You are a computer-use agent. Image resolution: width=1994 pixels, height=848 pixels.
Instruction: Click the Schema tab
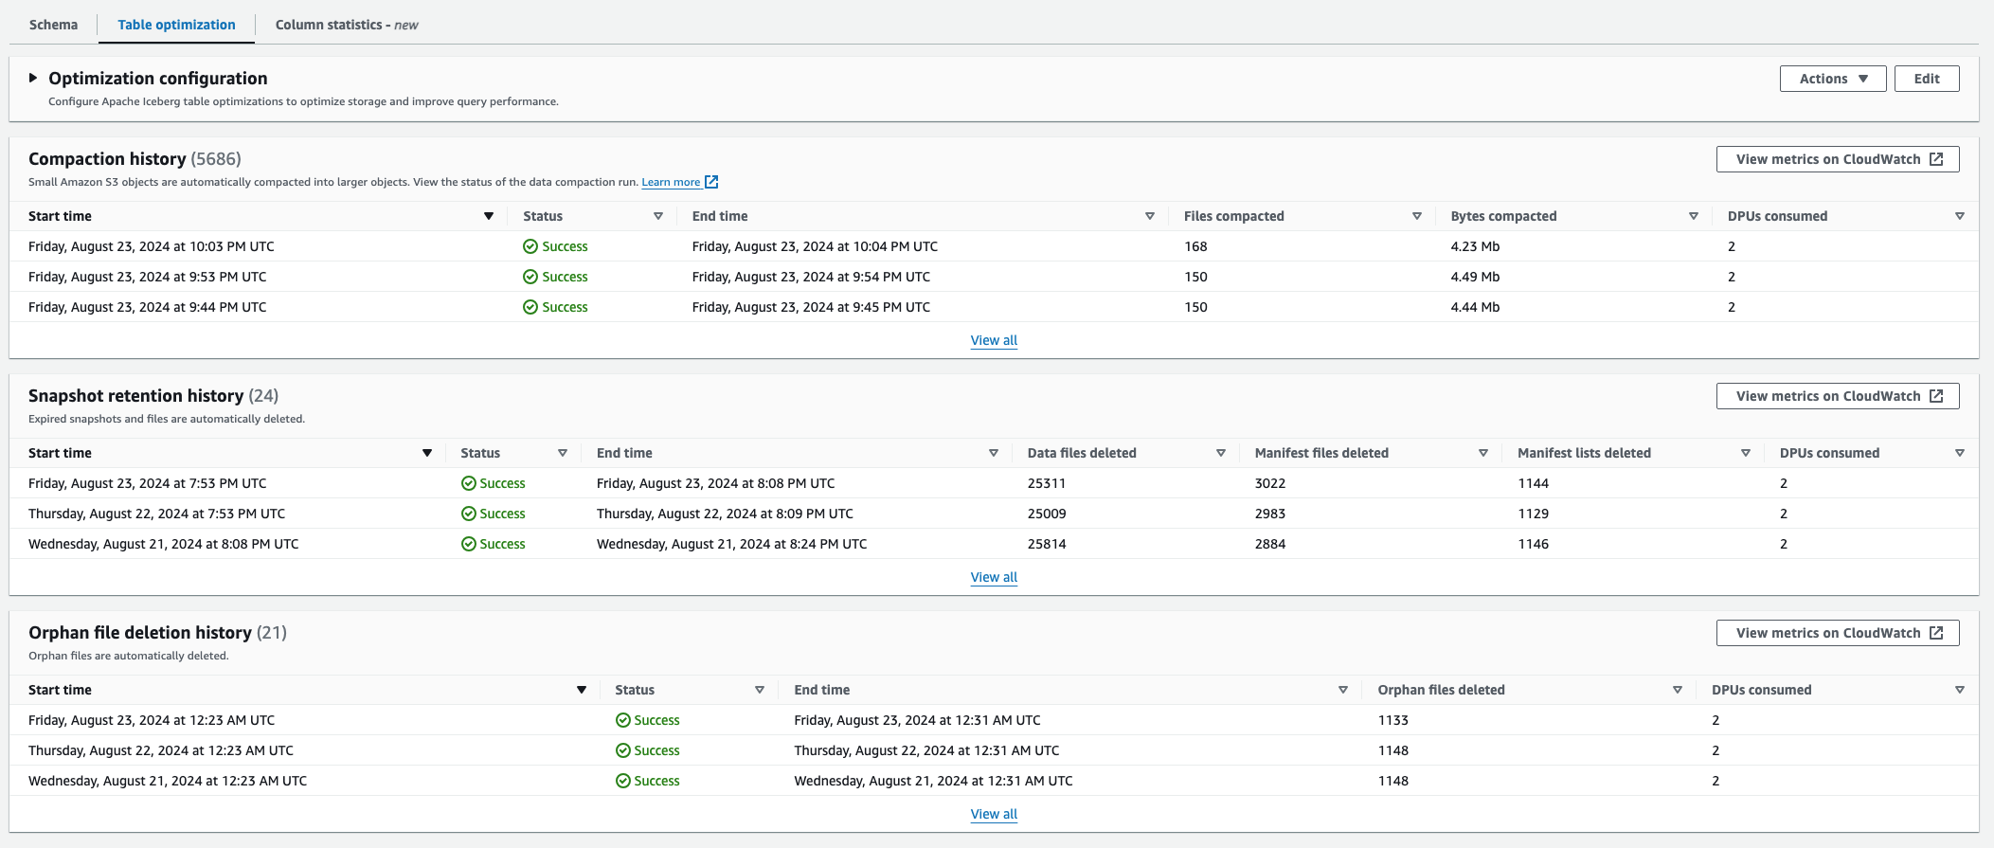(x=53, y=25)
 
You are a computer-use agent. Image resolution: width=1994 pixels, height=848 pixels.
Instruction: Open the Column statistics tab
(x=346, y=25)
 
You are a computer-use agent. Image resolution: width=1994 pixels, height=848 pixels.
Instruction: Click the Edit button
(x=1926, y=79)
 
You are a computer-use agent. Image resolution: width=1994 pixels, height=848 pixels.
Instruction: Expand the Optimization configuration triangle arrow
(x=33, y=78)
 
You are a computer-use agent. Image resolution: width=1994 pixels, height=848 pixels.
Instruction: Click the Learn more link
(x=671, y=182)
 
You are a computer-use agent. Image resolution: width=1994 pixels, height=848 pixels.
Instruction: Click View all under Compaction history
(x=994, y=340)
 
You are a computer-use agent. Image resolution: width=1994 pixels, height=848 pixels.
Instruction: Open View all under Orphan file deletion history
(x=994, y=814)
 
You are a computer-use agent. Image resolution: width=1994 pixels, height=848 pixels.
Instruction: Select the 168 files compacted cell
(x=1195, y=246)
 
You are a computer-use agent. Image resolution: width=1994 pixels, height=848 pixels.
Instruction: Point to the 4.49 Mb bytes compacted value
(x=1475, y=277)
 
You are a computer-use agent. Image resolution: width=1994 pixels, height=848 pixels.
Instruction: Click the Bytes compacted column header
(x=1503, y=216)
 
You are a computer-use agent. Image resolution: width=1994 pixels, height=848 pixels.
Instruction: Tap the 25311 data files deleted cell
(x=1047, y=483)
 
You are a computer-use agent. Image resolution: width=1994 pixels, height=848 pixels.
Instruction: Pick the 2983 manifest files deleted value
(x=1270, y=514)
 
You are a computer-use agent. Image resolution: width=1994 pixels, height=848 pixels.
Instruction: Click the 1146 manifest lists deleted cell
(x=1533, y=544)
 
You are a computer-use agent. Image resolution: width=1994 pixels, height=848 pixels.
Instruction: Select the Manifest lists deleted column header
(x=1584, y=453)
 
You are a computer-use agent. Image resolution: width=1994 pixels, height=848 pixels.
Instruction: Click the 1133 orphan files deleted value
(x=1392, y=720)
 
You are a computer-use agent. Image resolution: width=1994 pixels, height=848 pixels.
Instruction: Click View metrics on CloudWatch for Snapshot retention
(x=1837, y=396)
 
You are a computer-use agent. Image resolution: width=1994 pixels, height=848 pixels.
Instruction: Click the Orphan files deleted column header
(x=1441, y=690)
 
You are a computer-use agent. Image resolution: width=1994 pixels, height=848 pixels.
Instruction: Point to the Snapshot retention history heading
(x=135, y=396)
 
